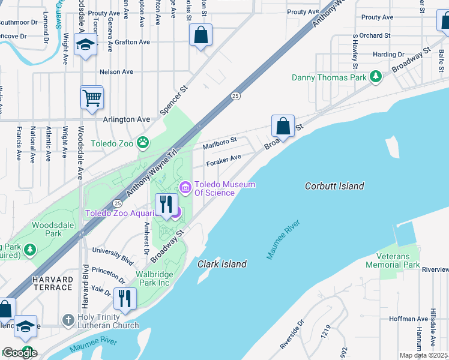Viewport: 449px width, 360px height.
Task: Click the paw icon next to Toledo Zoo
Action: (143, 143)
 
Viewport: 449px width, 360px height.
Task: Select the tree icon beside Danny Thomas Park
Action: (376, 77)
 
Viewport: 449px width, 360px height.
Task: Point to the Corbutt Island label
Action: (334, 186)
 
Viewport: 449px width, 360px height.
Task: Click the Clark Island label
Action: (222, 264)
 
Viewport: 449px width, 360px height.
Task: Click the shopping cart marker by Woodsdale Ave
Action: (92, 97)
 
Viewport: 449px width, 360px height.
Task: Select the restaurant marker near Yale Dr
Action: (125, 298)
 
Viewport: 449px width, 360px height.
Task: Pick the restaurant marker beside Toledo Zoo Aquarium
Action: (165, 205)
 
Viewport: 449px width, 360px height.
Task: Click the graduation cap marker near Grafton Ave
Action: (85, 45)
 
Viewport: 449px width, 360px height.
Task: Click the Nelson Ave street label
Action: (116, 71)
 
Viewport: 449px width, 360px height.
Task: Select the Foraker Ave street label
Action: (223, 160)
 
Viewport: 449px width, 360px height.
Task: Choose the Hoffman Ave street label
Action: (406, 320)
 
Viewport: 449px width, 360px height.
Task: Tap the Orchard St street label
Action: (375, 35)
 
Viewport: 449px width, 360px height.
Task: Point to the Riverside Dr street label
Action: (292, 338)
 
